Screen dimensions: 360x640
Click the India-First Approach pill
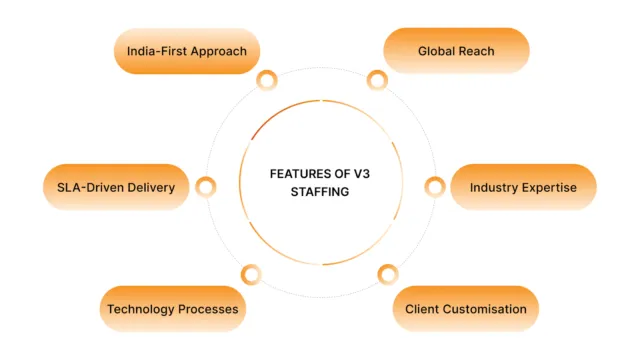pyautogui.click(x=187, y=50)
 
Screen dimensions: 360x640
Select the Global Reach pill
pyautogui.click(x=456, y=50)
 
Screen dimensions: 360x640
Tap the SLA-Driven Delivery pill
pyautogui.click(x=116, y=187)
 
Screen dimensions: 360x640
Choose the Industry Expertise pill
pyautogui.click(x=523, y=187)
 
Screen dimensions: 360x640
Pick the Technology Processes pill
pyautogui.click(x=172, y=309)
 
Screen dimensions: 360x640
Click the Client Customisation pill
pyautogui.click(x=466, y=309)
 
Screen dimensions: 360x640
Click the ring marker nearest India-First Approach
pyautogui.click(x=266, y=81)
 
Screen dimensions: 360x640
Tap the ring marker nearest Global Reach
pyautogui.click(x=377, y=81)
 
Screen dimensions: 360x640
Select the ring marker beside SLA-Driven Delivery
pyautogui.click(x=206, y=186)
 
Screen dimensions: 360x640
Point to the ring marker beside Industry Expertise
pyautogui.click(x=435, y=186)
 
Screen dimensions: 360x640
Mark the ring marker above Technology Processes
pyautogui.click(x=252, y=273)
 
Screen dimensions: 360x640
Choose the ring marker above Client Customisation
pyautogui.click(x=389, y=273)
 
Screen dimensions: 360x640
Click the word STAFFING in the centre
pyautogui.click(x=322, y=192)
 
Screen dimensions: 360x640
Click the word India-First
pyautogui.click(x=159, y=50)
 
